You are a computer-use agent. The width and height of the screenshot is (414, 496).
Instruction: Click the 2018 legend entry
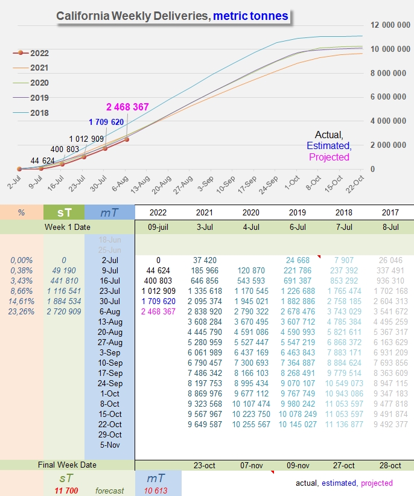[x=31, y=113]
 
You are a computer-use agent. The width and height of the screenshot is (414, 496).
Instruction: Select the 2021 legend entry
[x=31, y=68]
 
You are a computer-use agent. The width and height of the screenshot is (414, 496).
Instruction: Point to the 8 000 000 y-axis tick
[x=388, y=73]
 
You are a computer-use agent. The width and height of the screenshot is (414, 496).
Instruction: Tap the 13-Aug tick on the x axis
[x=141, y=185]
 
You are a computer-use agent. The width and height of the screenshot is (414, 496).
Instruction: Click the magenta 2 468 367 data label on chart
[x=127, y=107]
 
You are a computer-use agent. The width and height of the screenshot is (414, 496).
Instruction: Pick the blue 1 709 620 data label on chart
[x=106, y=122]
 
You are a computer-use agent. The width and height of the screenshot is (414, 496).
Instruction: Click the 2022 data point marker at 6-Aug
[x=127, y=139]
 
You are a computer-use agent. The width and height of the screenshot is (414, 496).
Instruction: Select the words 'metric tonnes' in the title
[x=250, y=16]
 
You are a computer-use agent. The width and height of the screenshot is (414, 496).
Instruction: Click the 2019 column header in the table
[x=298, y=212]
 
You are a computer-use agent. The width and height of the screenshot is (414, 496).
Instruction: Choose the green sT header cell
[x=64, y=212]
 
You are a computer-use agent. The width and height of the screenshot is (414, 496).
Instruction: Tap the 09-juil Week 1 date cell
[x=158, y=227]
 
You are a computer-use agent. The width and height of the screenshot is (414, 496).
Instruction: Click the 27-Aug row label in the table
[x=110, y=342]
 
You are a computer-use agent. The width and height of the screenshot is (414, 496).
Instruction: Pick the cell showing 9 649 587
[x=205, y=424]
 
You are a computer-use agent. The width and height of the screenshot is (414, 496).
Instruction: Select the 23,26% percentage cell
[x=21, y=311]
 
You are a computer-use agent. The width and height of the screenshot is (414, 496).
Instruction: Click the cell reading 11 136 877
[x=344, y=424]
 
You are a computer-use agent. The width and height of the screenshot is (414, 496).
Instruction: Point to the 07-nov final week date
[x=252, y=465]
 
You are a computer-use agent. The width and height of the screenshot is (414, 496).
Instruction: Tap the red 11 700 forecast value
[x=66, y=491]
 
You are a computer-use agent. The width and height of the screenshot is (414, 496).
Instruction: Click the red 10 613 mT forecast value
[x=156, y=491]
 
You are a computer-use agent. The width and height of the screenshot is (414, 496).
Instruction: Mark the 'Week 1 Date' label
[x=68, y=227]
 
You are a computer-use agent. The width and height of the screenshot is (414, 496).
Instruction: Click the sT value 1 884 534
[x=64, y=301]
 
